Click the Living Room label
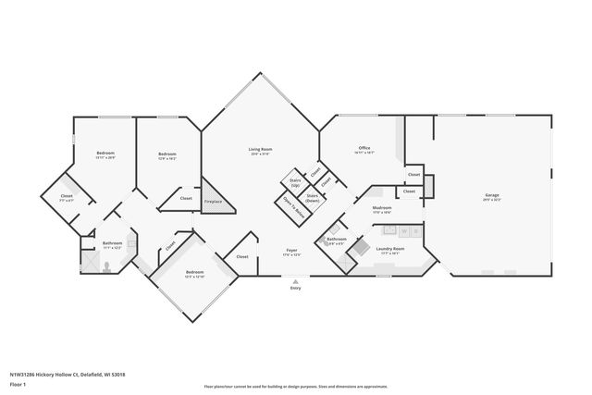tap(260, 151)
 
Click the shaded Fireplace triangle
tap(216, 198)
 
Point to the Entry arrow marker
tap(295, 281)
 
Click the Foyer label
tap(291, 252)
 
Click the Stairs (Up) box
tap(296, 182)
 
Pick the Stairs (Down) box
tap(313, 197)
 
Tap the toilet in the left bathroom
tap(109, 267)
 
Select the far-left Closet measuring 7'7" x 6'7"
tap(67, 198)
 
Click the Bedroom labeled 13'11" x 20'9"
tap(105, 155)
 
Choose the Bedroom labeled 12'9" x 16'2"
tap(166, 155)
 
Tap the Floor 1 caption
tap(18, 384)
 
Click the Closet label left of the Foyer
tap(242, 256)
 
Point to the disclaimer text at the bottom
tap(295, 386)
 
